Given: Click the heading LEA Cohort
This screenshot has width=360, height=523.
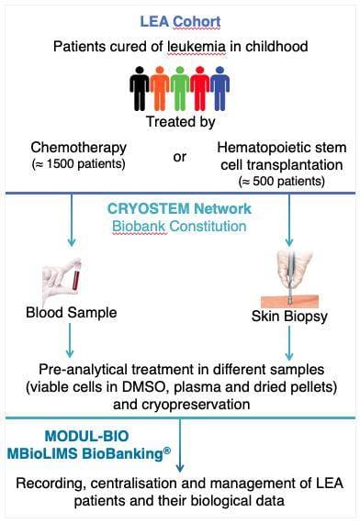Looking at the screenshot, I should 179,20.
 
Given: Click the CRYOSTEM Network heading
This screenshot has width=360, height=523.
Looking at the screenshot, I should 179,207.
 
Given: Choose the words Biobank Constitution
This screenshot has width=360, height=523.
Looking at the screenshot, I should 179,226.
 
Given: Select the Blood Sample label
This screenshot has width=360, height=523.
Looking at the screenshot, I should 71,312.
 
